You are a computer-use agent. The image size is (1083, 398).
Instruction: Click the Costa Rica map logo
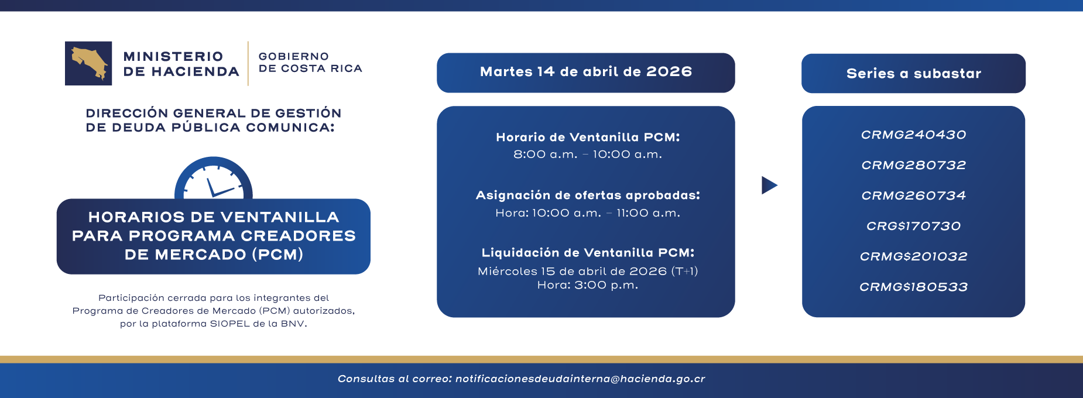tap(88, 63)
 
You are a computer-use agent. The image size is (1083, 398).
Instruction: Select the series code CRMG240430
tap(913, 135)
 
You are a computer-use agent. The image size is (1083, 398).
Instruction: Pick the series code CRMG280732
tap(913, 165)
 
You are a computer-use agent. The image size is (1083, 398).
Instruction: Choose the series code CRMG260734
tap(913, 195)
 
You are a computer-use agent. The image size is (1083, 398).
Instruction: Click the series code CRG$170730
tap(913, 226)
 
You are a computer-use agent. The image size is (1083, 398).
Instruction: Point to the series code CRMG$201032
tap(913, 256)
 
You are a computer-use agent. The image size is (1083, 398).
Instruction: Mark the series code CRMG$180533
tap(913, 287)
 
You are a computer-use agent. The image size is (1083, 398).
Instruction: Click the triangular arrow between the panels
tap(769, 185)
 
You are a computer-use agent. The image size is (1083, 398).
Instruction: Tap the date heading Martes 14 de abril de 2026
tap(585, 72)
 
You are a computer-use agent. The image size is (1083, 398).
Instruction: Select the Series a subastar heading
tap(913, 74)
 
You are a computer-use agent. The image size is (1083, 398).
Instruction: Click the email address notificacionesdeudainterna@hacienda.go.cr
tap(580, 379)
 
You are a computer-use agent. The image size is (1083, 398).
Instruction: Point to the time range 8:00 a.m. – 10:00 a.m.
tap(588, 155)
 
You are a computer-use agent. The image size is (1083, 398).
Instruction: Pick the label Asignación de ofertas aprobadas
tap(588, 195)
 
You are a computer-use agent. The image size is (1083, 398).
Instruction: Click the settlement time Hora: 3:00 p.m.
tap(588, 285)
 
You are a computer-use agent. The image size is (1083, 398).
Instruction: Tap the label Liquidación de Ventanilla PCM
tap(588, 252)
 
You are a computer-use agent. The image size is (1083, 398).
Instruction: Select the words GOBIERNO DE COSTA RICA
tap(310, 63)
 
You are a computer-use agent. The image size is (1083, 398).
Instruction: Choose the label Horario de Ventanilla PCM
tap(588, 137)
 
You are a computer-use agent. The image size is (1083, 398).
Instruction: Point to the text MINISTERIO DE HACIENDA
tap(181, 64)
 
